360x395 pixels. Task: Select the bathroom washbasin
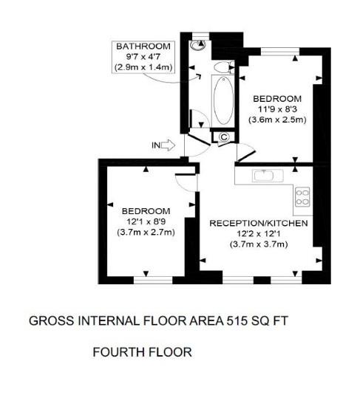(220, 68)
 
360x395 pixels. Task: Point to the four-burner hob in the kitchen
(302, 196)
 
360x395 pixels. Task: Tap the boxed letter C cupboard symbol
(223, 137)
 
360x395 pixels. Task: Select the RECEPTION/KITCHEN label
(258, 222)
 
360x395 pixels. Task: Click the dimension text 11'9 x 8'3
(277, 110)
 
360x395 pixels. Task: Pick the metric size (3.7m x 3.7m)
(258, 244)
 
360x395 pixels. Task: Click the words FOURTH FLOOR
(142, 352)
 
